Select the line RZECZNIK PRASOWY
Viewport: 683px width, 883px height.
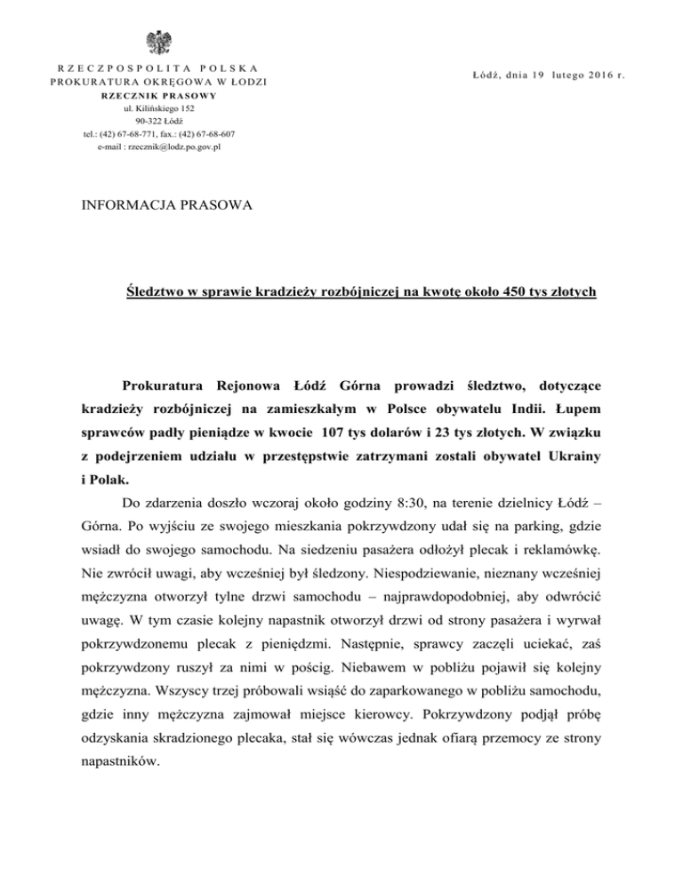160,95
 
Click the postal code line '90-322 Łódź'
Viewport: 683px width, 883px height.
160,121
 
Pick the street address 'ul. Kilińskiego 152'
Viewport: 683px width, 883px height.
160,107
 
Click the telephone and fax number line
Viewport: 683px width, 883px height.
160,133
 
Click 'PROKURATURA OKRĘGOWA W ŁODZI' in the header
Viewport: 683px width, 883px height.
160,82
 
